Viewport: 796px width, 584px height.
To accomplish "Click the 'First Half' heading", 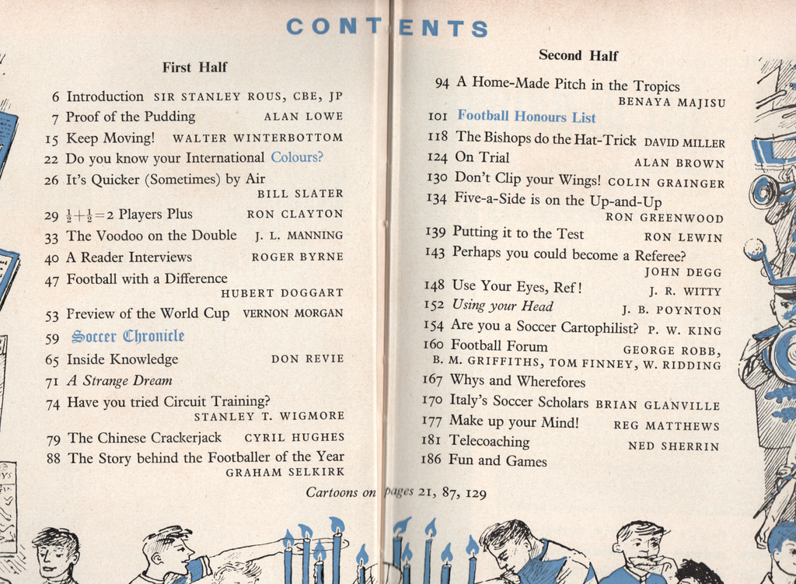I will point(194,68).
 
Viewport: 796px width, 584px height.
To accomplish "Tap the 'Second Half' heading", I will point(578,55).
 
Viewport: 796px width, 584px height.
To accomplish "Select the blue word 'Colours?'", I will point(296,158).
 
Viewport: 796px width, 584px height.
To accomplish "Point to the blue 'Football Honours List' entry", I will point(526,117).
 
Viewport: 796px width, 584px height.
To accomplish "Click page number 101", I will point(438,117).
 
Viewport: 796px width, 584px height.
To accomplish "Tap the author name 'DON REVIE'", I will point(307,359).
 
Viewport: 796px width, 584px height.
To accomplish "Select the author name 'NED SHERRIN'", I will point(673,446).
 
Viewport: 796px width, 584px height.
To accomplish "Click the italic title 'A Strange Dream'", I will point(119,381).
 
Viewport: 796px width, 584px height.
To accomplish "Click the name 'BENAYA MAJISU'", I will point(671,102).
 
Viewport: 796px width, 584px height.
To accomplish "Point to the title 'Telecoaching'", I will point(489,442).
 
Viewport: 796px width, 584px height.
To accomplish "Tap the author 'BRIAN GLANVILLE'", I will point(658,405).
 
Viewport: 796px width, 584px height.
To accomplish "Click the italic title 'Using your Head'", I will point(502,306).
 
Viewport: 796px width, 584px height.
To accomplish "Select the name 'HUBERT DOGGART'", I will point(281,293).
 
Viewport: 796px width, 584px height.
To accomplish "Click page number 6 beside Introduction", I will point(55,97).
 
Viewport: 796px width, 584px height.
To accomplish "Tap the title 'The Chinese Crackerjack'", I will point(144,438).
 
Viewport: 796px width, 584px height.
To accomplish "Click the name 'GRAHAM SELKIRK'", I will point(285,472).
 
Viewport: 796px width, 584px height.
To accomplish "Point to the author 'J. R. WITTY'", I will point(685,292).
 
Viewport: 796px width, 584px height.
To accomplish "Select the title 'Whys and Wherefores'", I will point(518,381).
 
